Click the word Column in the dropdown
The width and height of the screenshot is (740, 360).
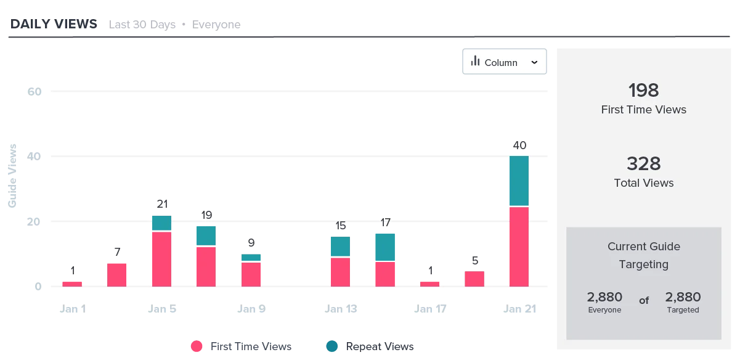point(501,63)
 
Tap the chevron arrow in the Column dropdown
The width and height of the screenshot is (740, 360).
point(534,62)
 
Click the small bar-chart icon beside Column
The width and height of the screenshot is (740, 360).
point(475,61)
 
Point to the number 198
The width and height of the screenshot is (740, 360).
point(644,91)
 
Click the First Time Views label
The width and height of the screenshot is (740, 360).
point(644,110)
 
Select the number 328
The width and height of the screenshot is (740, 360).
point(644,163)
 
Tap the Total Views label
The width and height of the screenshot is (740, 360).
point(644,183)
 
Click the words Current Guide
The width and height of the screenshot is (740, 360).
point(644,247)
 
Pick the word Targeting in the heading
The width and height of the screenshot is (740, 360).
point(644,264)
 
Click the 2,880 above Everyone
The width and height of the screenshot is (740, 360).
point(604,297)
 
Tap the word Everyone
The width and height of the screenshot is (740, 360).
point(604,310)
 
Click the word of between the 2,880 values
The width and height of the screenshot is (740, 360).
point(644,301)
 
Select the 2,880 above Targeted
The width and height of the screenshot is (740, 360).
point(683,297)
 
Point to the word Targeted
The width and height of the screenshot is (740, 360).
point(683,310)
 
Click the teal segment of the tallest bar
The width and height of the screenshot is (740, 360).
point(519,181)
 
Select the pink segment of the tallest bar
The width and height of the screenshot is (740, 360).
point(519,247)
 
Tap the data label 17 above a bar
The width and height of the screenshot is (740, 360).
point(386,222)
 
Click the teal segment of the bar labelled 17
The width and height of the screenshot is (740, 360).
point(386,247)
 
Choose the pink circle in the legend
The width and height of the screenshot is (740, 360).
point(197,346)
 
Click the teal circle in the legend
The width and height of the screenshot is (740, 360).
point(332,346)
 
